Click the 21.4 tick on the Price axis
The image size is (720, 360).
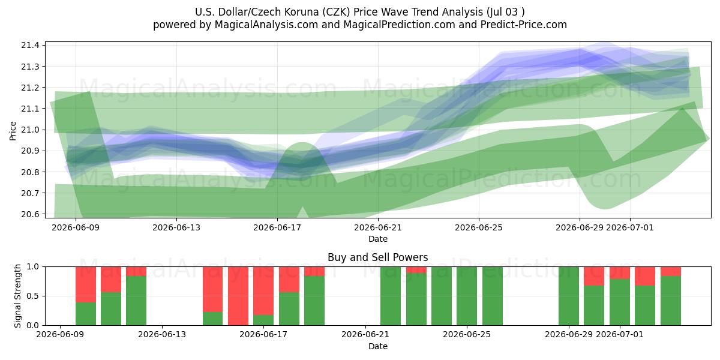[30, 46]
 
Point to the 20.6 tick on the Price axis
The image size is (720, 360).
[30, 214]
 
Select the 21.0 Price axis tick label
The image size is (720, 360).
[30, 130]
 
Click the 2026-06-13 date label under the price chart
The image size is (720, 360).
[176, 227]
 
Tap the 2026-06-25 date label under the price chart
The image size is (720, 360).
[479, 227]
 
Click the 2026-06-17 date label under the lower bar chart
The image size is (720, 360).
[263, 334]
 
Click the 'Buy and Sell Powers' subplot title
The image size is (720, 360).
[377, 257]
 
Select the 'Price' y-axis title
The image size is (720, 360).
[13, 131]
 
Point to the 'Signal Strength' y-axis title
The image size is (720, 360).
[17, 296]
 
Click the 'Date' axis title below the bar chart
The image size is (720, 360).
[377, 346]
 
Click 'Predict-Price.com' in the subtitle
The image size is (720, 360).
[524, 25]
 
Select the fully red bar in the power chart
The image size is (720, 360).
[238, 296]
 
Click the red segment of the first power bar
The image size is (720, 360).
[86, 284]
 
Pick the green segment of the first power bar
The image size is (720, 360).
[86, 314]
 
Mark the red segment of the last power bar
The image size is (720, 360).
[671, 271]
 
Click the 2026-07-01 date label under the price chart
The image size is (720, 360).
[629, 227]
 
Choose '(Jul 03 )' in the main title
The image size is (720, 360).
[506, 12]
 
